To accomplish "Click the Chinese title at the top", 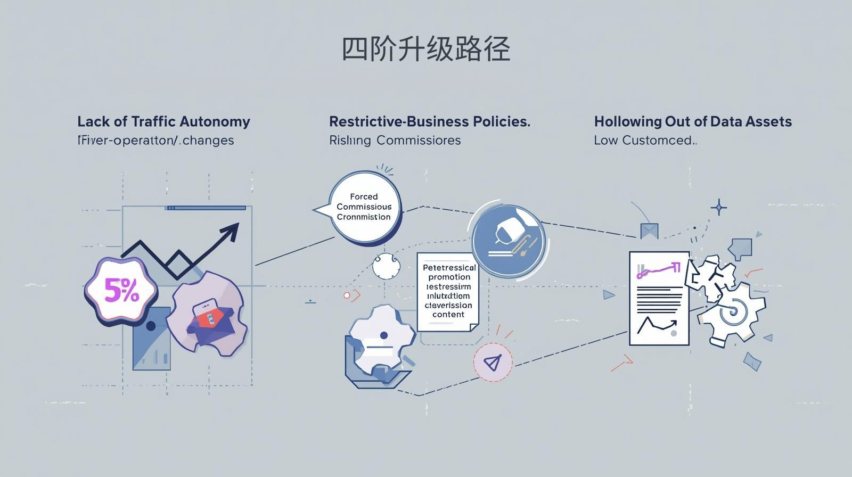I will pos(425,50).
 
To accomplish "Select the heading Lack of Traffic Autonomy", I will pos(163,121).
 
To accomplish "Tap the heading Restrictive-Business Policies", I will pos(429,121).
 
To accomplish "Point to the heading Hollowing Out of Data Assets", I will pos(693,121).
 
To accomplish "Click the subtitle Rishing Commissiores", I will pos(395,141).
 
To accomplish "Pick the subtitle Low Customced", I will pos(645,141).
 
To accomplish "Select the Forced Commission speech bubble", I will pos(364,207).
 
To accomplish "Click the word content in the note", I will pos(448,315).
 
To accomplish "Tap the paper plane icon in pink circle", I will pos(493,363).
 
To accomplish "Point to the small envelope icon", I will pos(649,231).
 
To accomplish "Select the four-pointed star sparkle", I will pos(719,207).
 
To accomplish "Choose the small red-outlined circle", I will pos(347,295).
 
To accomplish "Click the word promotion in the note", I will pos(449,277).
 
